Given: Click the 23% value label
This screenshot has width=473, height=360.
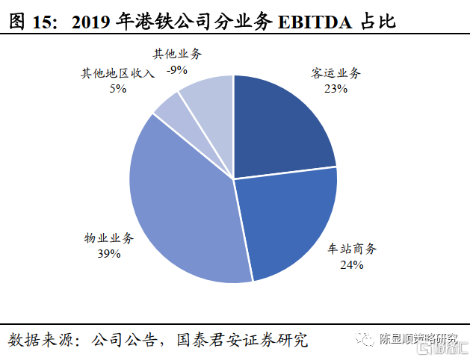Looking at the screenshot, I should [336, 89].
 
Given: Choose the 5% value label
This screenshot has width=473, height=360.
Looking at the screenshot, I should [118, 88].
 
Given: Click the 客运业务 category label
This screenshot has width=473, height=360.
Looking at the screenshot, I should [336, 74].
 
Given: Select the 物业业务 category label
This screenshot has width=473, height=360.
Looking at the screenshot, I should [109, 238].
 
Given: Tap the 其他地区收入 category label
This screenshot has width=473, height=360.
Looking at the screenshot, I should [118, 73].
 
